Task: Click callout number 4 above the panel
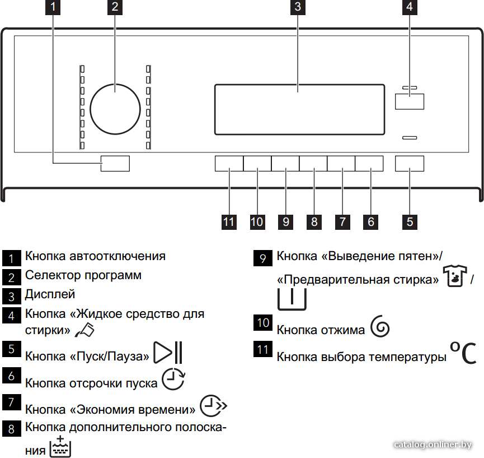click(x=410, y=7)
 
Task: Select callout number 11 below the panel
click(x=229, y=222)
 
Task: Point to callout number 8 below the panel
click(x=314, y=222)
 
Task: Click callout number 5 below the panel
click(x=410, y=222)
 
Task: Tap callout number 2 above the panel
click(x=115, y=7)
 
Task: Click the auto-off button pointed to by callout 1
click(x=115, y=163)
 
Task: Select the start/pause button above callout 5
click(x=410, y=163)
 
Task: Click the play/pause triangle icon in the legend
click(x=168, y=352)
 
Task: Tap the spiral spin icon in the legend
click(x=380, y=327)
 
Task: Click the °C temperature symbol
click(x=463, y=353)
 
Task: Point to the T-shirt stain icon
click(x=455, y=276)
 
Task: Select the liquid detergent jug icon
click(x=85, y=330)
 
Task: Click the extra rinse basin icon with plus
click(x=60, y=446)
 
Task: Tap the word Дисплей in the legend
click(x=50, y=294)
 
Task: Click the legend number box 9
click(x=263, y=258)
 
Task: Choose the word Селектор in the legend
click(x=53, y=275)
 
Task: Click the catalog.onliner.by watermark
click(x=433, y=445)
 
